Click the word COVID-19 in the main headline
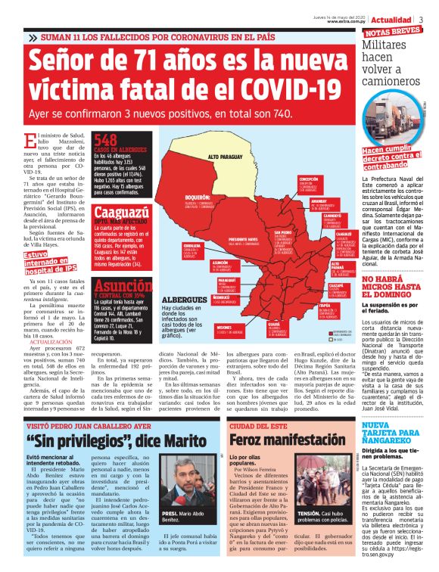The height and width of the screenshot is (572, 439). (x=271, y=90)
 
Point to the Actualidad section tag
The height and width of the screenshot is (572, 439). (x=394, y=18)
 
